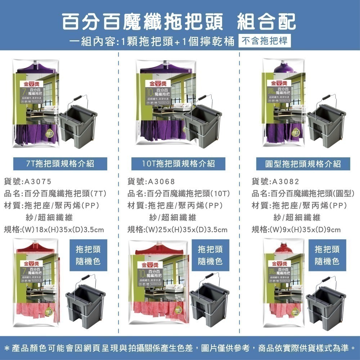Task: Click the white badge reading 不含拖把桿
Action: pos(265,41)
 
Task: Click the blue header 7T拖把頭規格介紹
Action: pos(60,164)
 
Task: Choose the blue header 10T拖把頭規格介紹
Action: pos(179,164)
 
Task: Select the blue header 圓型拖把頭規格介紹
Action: pos(302,164)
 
